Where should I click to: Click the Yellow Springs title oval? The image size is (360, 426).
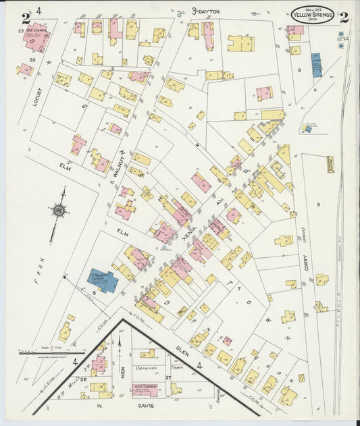[312, 14]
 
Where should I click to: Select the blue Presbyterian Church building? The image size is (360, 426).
[103, 280]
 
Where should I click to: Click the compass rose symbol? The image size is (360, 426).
[59, 211]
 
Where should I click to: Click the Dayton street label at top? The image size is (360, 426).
[208, 11]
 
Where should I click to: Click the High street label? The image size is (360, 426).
[123, 365]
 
